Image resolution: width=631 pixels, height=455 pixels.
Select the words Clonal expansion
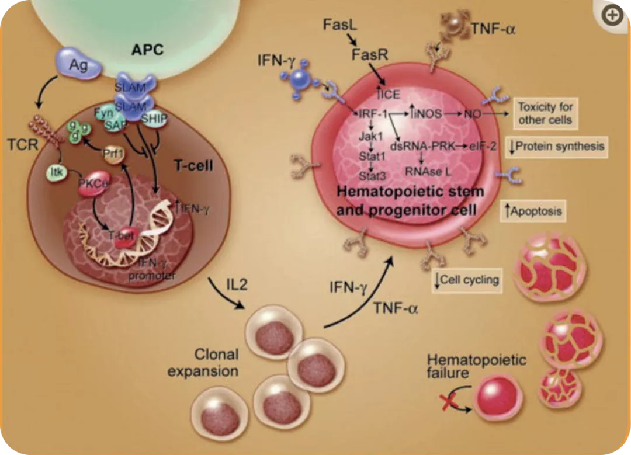(x=203, y=362)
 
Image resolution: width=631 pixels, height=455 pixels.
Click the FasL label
(x=337, y=24)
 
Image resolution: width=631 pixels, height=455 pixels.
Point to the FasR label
(x=367, y=55)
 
